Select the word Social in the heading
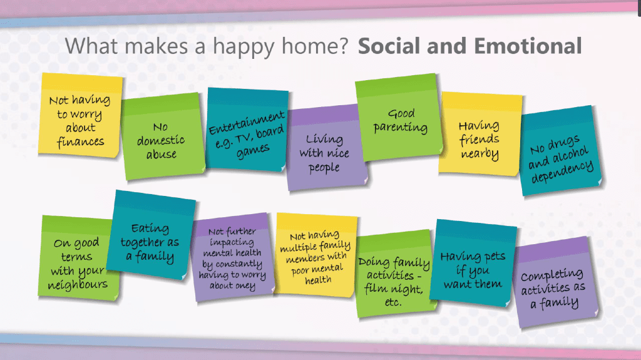(x=389, y=46)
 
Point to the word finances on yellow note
(x=81, y=141)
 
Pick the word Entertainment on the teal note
(x=247, y=122)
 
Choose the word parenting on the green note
(x=400, y=128)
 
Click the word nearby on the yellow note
(x=479, y=154)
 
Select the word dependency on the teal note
(x=562, y=172)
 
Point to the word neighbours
(x=78, y=284)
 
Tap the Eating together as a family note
(x=151, y=235)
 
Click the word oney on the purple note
(x=245, y=286)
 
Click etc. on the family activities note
(x=393, y=302)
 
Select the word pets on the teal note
(x=495, y=257)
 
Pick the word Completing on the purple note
(x=552, y=274)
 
